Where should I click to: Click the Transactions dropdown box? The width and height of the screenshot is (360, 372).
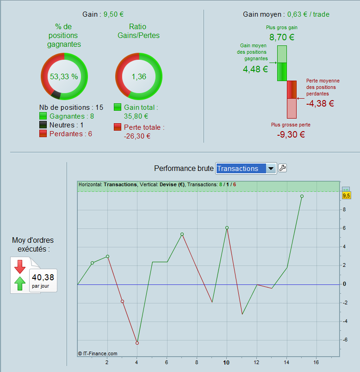[246, 169]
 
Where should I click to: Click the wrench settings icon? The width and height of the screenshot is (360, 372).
[282, 168]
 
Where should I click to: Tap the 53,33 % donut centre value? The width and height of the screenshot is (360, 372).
[64, 76]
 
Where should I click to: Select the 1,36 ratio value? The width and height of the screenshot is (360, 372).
[139, 76]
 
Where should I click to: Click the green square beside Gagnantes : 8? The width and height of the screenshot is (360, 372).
[43, 116]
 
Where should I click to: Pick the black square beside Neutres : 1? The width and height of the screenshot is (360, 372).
[43, 125]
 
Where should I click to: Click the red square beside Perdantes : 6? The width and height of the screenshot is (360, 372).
[43, 134]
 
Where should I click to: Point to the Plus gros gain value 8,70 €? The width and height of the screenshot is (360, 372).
[282, 38]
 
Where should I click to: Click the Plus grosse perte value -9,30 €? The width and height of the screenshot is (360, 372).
[291, 135]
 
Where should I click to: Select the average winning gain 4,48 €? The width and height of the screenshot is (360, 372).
[255, 69]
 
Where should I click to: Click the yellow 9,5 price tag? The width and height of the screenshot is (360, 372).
[346, 195]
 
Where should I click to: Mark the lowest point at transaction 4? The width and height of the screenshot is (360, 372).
[137, 343]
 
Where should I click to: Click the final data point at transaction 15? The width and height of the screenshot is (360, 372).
[302, 196]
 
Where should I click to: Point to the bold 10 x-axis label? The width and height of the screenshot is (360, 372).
[226, 362]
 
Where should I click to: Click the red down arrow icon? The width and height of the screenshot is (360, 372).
[20, 266]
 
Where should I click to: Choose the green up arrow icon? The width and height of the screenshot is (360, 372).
[20, 283]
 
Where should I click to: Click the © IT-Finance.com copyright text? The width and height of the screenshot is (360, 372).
[98, 353]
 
